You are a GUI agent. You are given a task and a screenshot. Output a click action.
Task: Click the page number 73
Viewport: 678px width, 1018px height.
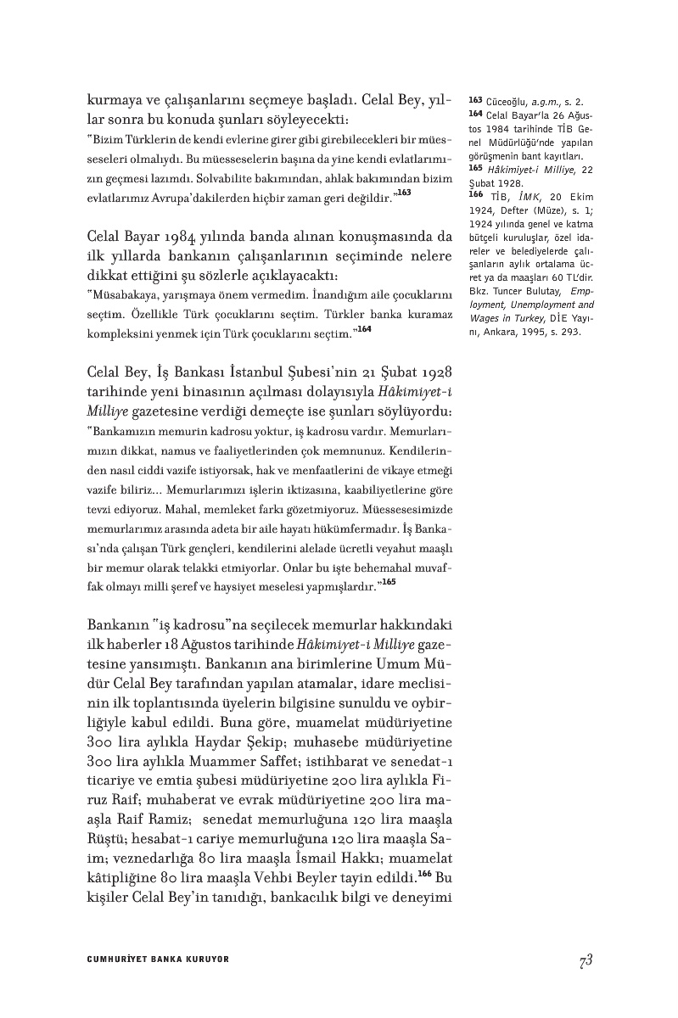585,959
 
